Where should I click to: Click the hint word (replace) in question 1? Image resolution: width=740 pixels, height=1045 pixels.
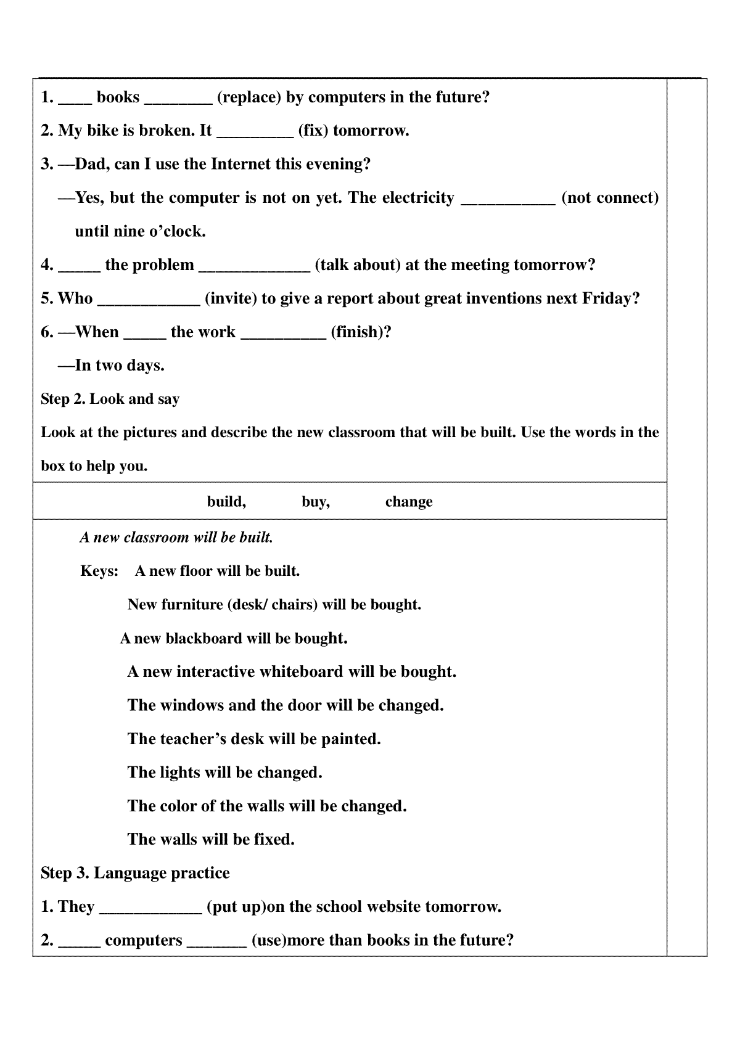249,97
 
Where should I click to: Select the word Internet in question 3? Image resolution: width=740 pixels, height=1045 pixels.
241,164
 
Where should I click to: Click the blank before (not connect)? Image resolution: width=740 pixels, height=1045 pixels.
508,199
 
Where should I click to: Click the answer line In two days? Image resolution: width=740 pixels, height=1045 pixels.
119,366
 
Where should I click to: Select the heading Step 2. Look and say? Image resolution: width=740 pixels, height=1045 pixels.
110,399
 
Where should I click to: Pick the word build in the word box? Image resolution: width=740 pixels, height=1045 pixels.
226,502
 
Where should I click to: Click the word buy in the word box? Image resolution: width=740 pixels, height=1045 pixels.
315,502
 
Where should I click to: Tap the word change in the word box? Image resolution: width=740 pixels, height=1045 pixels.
409,502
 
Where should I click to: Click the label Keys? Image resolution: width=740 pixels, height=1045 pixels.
99,571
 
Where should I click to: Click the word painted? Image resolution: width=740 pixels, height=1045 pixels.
351,739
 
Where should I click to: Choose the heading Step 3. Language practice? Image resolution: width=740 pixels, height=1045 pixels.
135,873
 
